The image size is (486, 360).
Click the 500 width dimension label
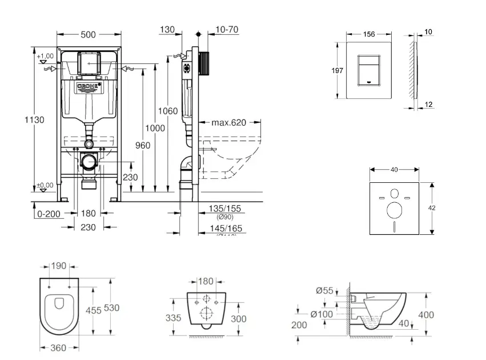click(x=88, y=34)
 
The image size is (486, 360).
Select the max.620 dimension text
click(x=229, y=122)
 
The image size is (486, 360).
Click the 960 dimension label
click(x=143, y=145)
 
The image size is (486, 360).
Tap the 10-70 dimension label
click(x=227, y=29)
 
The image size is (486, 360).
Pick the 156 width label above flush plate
click(x=369, y=34)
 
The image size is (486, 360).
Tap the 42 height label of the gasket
click(x=432, y=208)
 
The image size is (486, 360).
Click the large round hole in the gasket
click(x=394, y=211)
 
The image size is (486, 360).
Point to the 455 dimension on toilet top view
click(x=93, y=310)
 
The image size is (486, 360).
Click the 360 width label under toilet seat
click(x=56, y=347)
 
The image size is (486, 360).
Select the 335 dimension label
click(x=174, y=318)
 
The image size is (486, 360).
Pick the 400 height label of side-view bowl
click(x=425, y=315)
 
